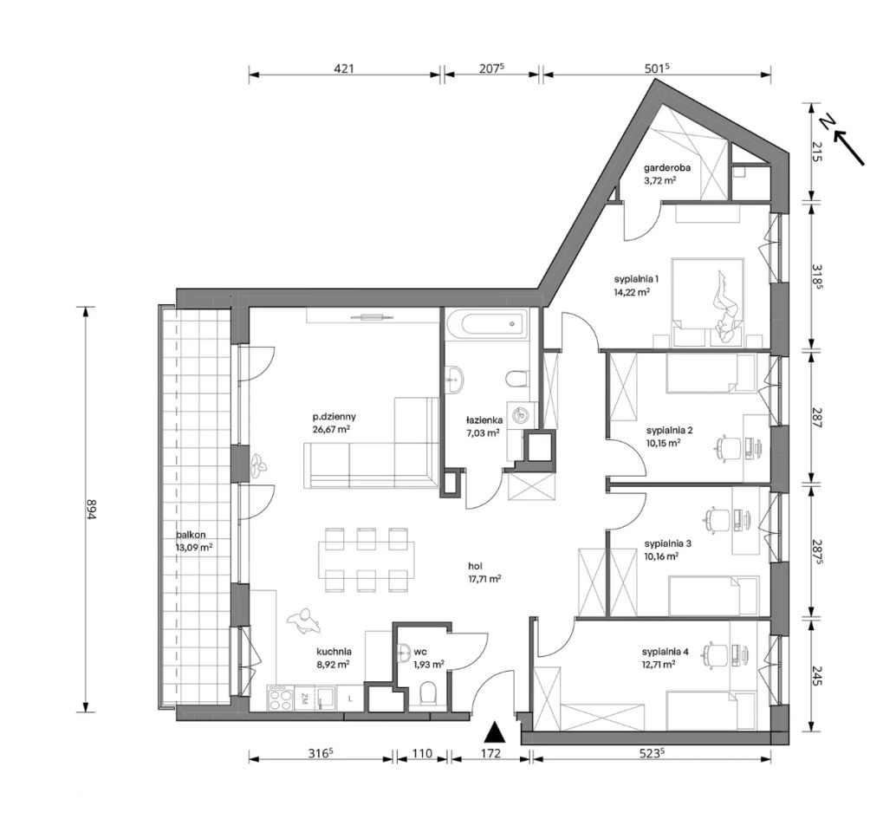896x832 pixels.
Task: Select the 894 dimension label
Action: [x=88, y=509]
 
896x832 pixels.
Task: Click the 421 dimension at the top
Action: [x=345, y=68]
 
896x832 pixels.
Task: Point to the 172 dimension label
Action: [x=490, y=753]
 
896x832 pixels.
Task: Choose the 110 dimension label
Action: [x=422, y=753]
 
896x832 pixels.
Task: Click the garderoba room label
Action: [x=667, y=168]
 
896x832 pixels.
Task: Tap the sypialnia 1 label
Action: [x=637, y=279]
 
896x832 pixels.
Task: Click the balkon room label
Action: [x=191, y=536]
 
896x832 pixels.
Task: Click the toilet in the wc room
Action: [x=427, y=694]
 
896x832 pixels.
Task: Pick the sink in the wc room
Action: [x=406, y=652]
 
